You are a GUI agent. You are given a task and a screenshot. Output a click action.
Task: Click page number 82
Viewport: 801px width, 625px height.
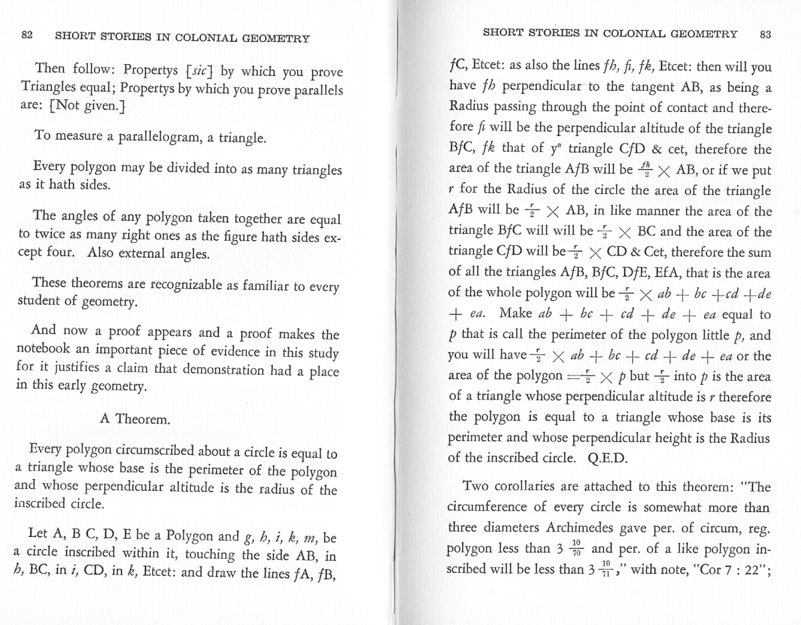point(27,35)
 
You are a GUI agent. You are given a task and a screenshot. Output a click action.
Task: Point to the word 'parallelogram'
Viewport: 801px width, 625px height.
point(161,138)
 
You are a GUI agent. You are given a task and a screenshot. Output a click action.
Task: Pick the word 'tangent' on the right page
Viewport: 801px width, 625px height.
point(596,87)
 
